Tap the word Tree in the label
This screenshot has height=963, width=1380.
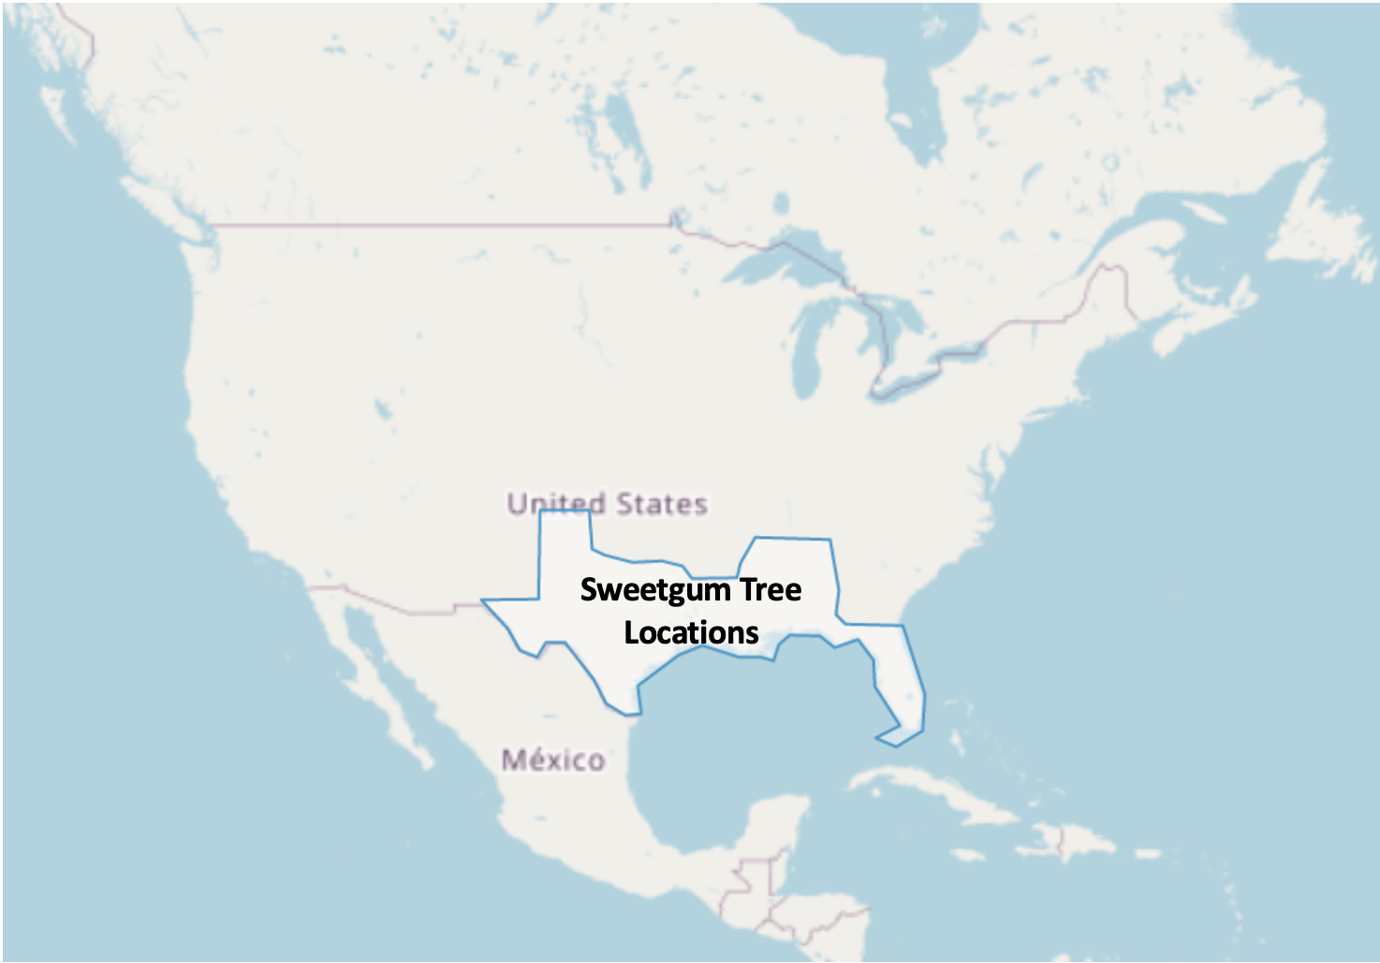point(771,590)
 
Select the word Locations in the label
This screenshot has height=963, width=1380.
point(691,633)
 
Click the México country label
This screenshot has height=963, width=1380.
point(552,760)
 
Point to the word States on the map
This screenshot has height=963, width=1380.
point(661,504)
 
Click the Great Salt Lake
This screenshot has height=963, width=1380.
point(382,409)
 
